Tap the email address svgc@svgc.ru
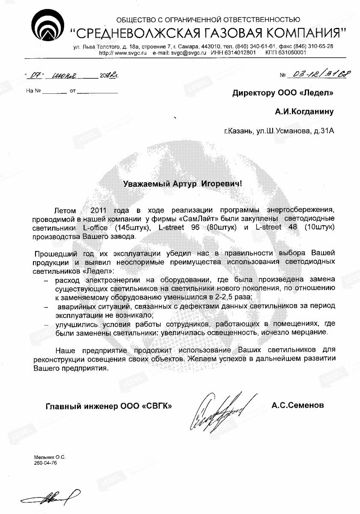(x=189, y=52)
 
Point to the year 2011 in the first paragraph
(x=101, y=210)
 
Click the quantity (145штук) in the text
(x=133, y=227)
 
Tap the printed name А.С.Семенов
(x=298, y=405)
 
